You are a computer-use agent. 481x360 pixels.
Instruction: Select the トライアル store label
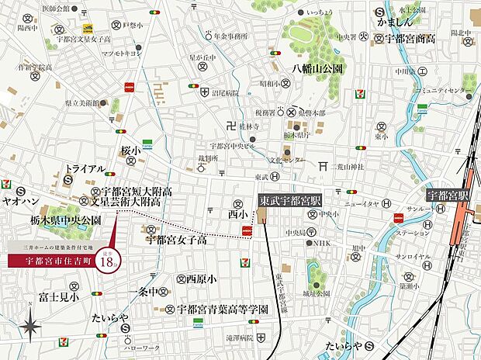[x=85, y=168]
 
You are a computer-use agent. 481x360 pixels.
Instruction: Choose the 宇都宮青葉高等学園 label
[x=223, y=308]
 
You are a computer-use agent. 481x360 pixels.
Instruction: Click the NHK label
[x=321, y=244]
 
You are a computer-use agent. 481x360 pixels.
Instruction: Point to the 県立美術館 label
[x=82, y=102]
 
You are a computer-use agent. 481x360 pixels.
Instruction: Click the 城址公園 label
[x=317, y=294]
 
